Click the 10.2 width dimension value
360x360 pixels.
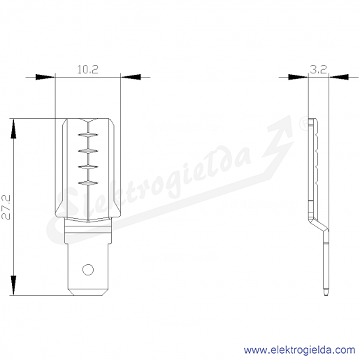point(87,69)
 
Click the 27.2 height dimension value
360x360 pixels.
point(6,207)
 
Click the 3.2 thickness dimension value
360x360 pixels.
point(318,69)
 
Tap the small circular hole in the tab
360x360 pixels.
point(88,270)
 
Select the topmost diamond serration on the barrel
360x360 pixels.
point(88,135)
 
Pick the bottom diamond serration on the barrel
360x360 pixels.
point(88,183)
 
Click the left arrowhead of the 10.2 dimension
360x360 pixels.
point(45,77)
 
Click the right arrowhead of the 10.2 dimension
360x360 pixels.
point(131,77)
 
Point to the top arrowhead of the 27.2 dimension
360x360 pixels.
point(13,129)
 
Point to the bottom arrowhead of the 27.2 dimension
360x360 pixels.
point(13,285)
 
